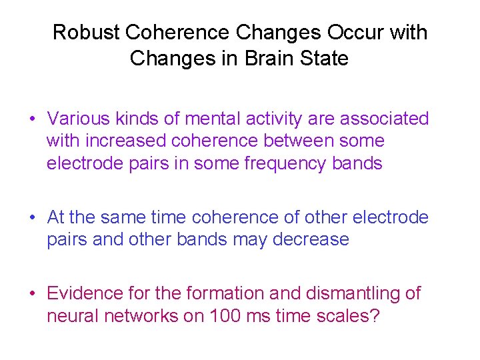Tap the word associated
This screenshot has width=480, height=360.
coord(385,119)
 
